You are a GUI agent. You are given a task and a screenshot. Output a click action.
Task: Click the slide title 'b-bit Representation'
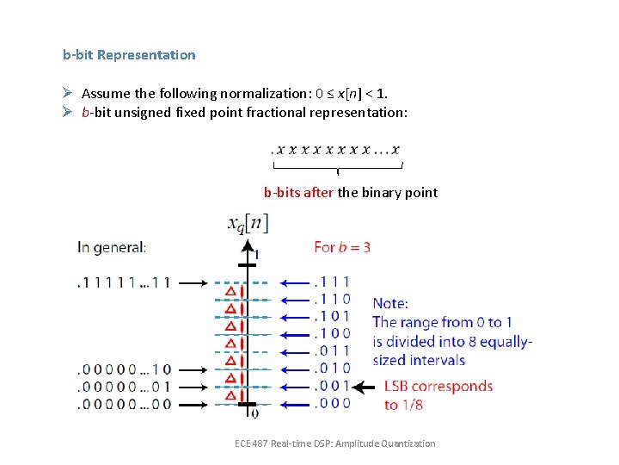129,55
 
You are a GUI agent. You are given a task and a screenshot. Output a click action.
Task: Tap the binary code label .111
332,282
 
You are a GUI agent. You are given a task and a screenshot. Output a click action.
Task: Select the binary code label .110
332,299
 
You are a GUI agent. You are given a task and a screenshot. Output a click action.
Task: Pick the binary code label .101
332,317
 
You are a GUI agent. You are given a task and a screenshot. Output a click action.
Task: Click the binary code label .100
332,334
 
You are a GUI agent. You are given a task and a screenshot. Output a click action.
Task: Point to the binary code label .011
332,351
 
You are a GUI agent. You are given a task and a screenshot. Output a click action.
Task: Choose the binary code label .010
332,369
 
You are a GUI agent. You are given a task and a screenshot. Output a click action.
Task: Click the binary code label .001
332,387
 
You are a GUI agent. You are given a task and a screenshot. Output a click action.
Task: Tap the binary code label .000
332,404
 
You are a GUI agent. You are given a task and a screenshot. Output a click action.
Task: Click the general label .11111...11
124,282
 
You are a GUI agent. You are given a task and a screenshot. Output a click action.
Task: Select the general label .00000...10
124,369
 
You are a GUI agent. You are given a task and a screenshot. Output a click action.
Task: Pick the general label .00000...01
124,387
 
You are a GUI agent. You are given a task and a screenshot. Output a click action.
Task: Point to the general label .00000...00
124,404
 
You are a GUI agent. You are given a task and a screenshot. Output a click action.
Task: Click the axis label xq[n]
248,224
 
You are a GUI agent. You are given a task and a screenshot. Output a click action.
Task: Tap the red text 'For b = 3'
342,247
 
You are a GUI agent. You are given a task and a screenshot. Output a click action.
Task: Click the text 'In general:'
112,247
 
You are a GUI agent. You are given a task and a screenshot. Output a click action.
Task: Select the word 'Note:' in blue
390,303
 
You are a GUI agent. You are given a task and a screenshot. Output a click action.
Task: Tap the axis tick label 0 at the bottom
254,414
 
